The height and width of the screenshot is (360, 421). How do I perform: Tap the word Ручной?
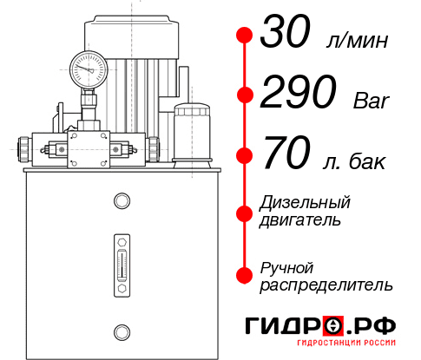click(287, 267)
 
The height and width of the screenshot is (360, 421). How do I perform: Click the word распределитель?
click(326, 285)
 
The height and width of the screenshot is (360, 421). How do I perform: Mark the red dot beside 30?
click(245, 36)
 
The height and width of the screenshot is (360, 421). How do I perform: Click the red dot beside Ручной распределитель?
click(245, 275)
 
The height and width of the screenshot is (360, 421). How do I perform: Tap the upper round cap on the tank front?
click(122, 202)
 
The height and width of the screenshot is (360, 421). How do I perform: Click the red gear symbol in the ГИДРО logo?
click(332, 326)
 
